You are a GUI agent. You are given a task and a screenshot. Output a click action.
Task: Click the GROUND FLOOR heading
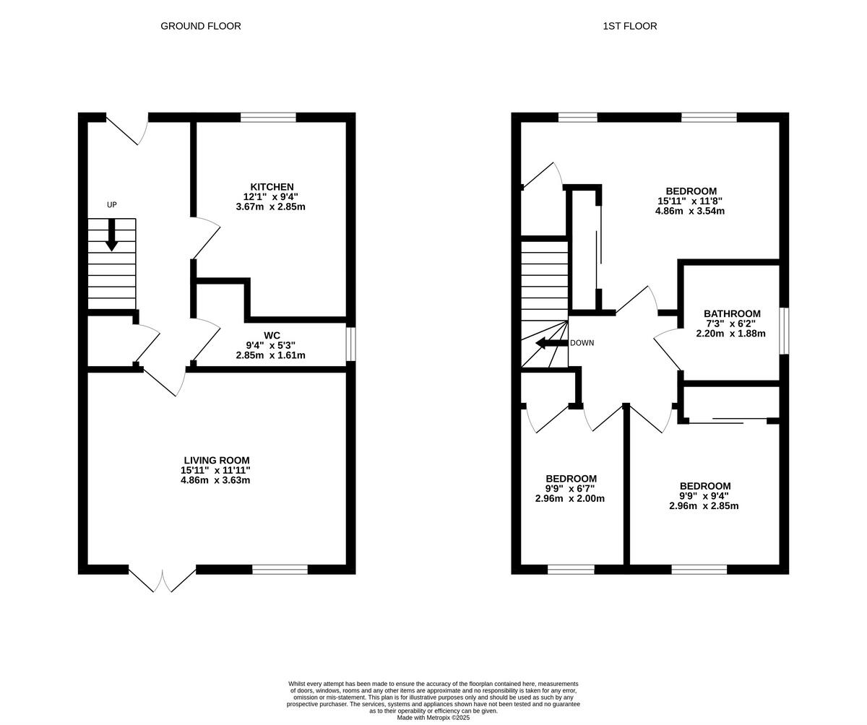tap(201, 26)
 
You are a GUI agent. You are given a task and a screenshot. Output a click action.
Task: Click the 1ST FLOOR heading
tap(629, 26)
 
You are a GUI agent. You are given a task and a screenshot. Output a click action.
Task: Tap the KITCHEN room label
tap(272, 187)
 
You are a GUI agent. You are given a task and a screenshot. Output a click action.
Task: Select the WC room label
tap(272, 336)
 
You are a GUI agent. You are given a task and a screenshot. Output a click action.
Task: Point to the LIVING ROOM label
tap(217, 461)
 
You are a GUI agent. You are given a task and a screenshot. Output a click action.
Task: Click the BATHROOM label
tap(732, 314)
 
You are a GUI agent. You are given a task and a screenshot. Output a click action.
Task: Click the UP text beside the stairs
tap(112, 205)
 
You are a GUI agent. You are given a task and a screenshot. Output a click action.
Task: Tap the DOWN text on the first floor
tap(582, 343)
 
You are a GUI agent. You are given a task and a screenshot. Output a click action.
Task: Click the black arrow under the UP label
tap(112, 235)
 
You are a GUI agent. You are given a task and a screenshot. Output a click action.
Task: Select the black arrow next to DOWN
tap(551, 343)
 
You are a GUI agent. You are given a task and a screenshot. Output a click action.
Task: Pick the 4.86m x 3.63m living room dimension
tap(215, 480)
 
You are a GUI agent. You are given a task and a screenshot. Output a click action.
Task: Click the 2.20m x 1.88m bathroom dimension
tap(730, 334)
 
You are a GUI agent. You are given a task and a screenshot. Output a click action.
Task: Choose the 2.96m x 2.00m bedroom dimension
tap(570, 498)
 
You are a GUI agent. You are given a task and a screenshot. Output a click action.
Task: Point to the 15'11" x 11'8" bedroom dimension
tap(690, 201)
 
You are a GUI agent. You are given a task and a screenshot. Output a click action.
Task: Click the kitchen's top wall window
tap(268, 117)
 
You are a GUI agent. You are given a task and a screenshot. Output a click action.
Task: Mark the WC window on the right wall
tap(351, 344)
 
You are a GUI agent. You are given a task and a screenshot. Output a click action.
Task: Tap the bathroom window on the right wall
tap(784, 331)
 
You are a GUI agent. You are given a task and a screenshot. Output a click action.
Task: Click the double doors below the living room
tap(163, 580)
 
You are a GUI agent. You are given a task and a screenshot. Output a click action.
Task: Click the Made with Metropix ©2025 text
tap(433, 718)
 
